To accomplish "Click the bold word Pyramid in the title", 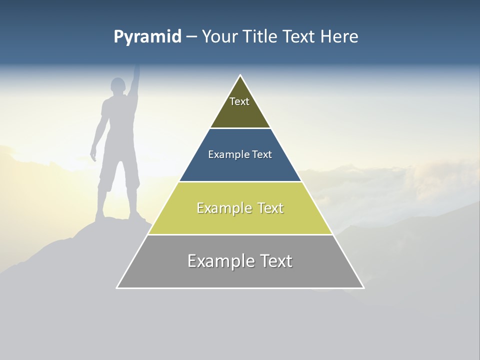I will click(x=147, y=37).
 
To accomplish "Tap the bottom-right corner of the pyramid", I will click(x=363, y=287).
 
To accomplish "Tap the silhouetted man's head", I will click(x=118, y=86).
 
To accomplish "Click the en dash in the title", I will click(x=191, y=37).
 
